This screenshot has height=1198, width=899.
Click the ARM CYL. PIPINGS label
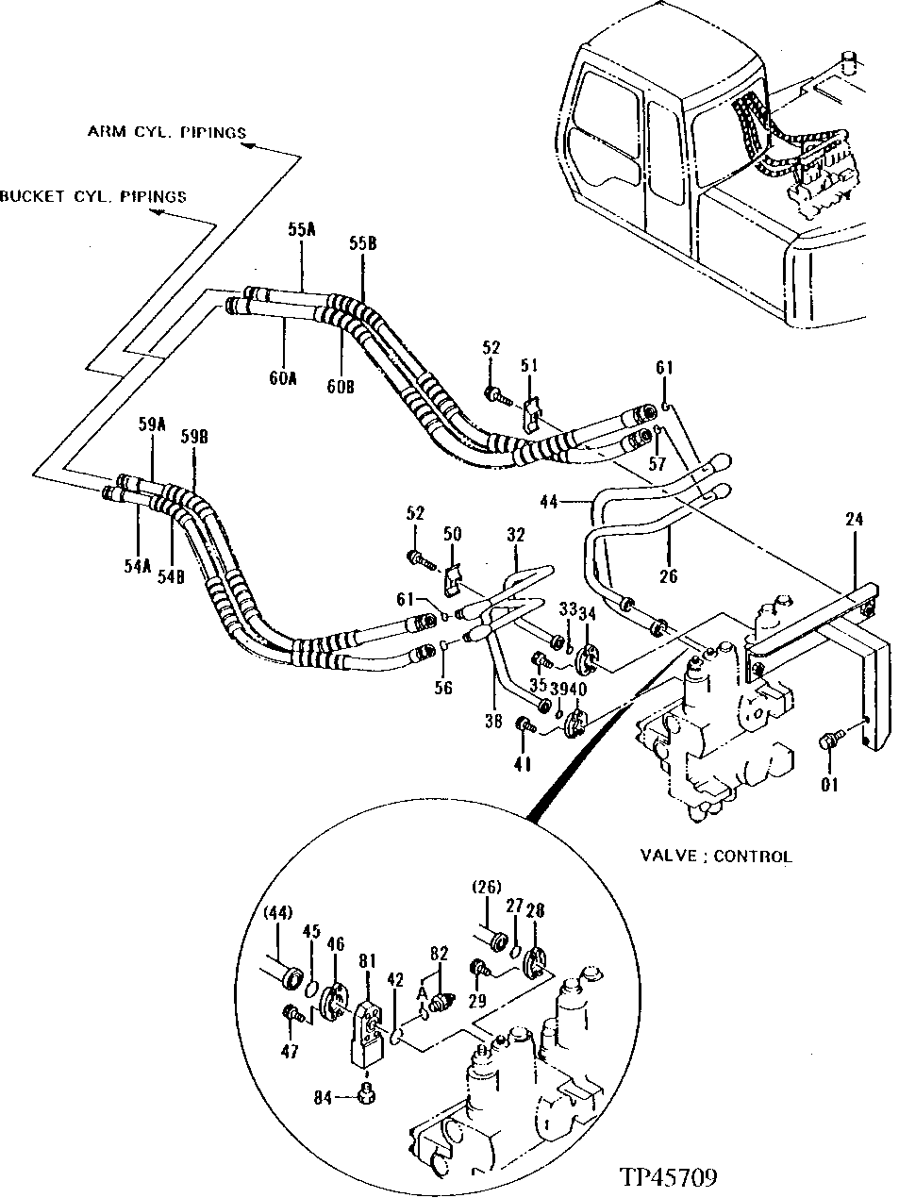(x=166, y=131)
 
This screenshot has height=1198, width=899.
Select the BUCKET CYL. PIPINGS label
(x=93, y=196)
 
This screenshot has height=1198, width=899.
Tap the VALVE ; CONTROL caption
(x=716, y=857)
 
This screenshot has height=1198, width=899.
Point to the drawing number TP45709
(x=668, y=1177)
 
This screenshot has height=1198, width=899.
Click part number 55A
(x=302, y=229)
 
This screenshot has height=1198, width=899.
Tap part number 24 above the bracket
(x=853, y=519)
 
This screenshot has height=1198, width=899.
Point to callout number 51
(x=529, y=364)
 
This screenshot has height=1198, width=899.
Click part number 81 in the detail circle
(x=367, y=961)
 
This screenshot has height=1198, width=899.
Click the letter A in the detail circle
(x=423, y=992)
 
